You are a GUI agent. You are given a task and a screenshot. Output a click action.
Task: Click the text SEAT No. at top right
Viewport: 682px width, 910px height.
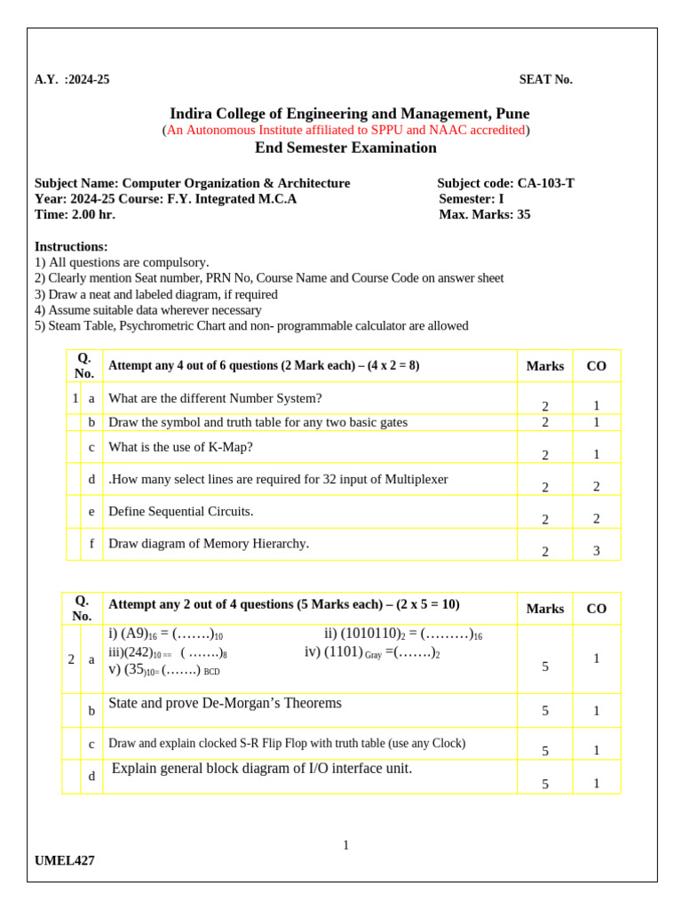545,80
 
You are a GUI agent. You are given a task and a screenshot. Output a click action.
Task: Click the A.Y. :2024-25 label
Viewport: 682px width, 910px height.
72,80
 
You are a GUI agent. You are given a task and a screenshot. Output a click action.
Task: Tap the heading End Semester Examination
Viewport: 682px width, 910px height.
345,148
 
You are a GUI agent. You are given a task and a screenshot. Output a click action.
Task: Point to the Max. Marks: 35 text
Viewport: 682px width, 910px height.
484,214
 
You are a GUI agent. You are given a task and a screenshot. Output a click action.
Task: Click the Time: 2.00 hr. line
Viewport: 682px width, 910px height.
75,214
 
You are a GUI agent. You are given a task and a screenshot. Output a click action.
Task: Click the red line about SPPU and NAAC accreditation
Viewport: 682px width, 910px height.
345,130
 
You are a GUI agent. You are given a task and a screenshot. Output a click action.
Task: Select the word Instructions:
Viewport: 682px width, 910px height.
71,246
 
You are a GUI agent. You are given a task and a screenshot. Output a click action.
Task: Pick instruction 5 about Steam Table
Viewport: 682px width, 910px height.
251,325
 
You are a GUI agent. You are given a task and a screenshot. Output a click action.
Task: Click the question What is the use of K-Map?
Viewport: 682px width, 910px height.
180,447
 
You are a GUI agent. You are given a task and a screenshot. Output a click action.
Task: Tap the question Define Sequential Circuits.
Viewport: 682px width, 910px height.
180,511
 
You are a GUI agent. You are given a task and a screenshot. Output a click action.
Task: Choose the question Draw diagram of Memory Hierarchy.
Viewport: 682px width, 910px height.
209,543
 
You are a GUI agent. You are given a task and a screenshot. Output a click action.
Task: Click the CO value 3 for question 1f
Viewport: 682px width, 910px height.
596,551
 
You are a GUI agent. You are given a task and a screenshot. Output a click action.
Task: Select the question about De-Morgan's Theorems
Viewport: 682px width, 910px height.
225,703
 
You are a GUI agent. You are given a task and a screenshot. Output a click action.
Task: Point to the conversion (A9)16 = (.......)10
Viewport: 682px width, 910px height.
165,635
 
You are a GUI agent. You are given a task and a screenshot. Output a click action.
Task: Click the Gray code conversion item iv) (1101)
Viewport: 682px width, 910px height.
372,652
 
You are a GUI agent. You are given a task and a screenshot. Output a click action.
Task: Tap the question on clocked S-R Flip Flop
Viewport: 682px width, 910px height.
286,743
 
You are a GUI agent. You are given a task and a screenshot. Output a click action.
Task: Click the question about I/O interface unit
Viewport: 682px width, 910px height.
262,769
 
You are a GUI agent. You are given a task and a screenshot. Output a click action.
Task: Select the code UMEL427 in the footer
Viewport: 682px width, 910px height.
65,860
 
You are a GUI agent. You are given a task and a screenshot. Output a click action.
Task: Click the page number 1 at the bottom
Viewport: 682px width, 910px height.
345,845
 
